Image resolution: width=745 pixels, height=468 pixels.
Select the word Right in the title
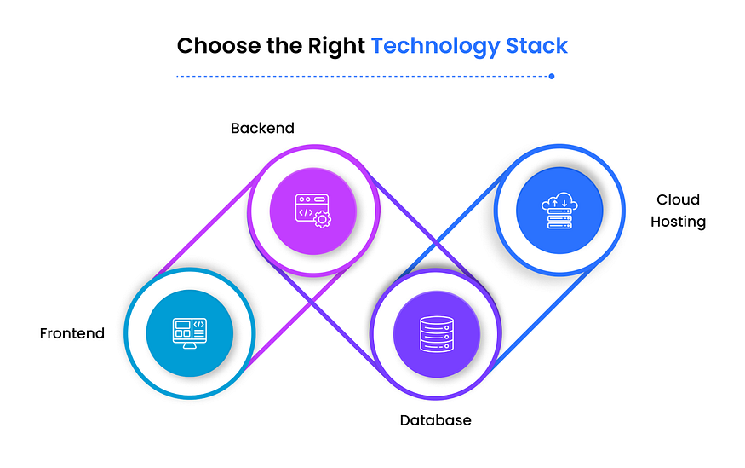click(x=341, y=45)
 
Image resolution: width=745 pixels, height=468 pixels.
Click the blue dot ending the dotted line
click(x=552, y=76)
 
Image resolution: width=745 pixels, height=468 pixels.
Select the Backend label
click(x=262, y=129)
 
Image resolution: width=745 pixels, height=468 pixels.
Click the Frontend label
click(x=72, y=333)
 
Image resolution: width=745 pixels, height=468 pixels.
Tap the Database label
click(x=435, y=420)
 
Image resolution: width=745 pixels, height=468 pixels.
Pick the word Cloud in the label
click(x=678, y=199)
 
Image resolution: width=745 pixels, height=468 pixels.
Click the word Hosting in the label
click(x=679, y=222)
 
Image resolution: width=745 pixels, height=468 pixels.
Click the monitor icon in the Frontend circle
click(x=189, y=332)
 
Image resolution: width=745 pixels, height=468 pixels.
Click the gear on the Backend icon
click(x=321, y=219)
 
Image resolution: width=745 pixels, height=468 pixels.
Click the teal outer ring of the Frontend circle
click(x=129, y=332)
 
